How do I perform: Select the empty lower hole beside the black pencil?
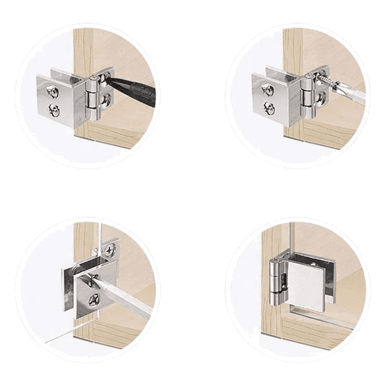click(x=105, y=101)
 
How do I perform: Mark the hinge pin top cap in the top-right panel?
click(x=308, y=76)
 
